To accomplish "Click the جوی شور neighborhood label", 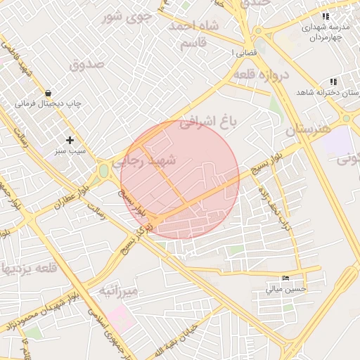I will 127,17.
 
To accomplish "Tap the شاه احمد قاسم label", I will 193,34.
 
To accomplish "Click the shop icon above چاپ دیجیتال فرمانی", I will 48,92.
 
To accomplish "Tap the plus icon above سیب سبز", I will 70,140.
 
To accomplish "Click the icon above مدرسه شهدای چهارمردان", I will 325,15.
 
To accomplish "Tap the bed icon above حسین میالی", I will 285,277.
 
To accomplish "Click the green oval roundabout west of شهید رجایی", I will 103,170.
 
